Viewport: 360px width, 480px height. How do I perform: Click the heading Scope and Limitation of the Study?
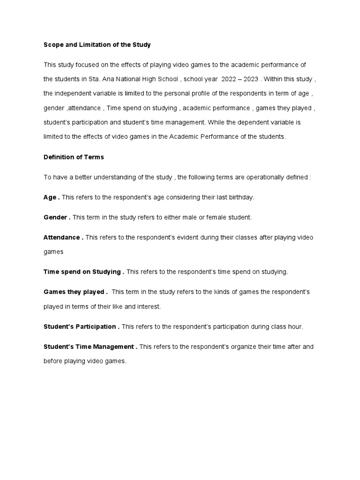click(x=97, y=45)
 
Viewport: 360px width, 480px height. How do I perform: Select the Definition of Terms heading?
click(x=73, y=157)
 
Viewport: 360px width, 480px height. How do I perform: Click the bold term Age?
click(x=50, y=197)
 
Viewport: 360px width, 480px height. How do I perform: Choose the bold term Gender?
click(x=55, y=217)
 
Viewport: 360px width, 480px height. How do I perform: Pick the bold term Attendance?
click(x=62, y=238)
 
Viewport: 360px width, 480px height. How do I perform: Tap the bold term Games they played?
click(x=74, y=292)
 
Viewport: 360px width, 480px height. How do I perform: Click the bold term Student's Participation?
click(x=80, y=327)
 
